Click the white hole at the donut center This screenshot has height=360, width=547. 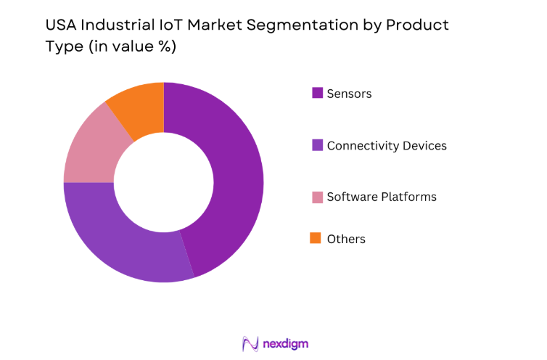click(163, 181)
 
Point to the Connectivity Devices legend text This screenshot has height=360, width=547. click(387, 145)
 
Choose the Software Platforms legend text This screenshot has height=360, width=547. click(382, 197)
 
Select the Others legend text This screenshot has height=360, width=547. click(346, 239)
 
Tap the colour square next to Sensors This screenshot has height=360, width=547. click(317, 93)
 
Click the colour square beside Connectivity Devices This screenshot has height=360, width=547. click(317, 145)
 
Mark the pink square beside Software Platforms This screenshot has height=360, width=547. click(317, 197)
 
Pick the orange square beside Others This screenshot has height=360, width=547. click(317, 238)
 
